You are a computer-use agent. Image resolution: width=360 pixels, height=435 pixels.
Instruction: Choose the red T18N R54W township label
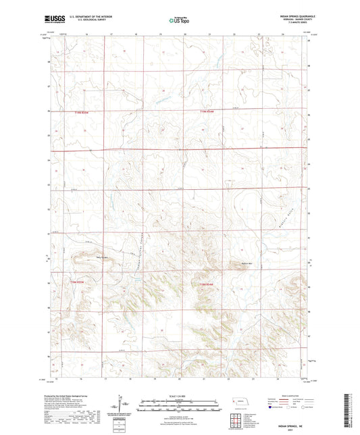(206, 284)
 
